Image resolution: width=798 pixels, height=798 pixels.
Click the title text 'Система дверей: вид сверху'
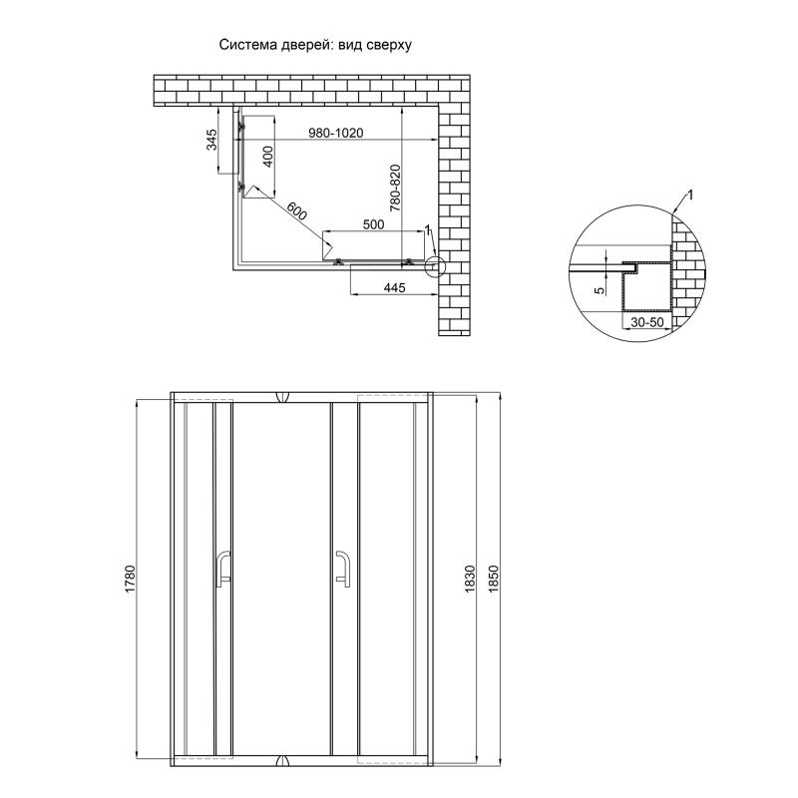(x=315, y=45)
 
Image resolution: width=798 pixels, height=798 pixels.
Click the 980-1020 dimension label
(x=336, y=133)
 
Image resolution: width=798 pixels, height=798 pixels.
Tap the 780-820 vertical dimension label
(x=395, y=188)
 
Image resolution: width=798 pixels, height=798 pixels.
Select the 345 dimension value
(x=211, y=140)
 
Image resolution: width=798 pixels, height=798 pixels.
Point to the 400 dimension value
(x=267, y=157)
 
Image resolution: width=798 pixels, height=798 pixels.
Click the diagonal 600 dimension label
(x=296, y=210)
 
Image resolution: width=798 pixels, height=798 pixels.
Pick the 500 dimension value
(x=373, y=224)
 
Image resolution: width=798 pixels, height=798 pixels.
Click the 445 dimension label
(x=394, y=288)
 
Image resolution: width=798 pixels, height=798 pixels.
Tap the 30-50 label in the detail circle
(x=647, y=322)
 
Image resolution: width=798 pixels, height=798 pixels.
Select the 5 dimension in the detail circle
(x=599, y=290)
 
